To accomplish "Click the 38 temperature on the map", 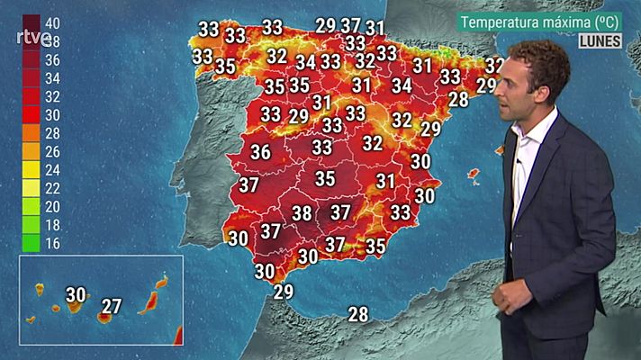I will click(302, 213).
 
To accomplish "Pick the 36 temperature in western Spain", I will click(261, 152).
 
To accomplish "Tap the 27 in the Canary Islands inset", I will click(112, 306).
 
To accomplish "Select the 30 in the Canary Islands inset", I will click(77, 293).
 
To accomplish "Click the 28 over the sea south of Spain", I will click(358, 314).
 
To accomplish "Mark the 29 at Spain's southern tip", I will click(284, 292).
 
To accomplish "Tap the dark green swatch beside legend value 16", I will click(31, 243).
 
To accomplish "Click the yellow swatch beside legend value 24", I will click(31, 169).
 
